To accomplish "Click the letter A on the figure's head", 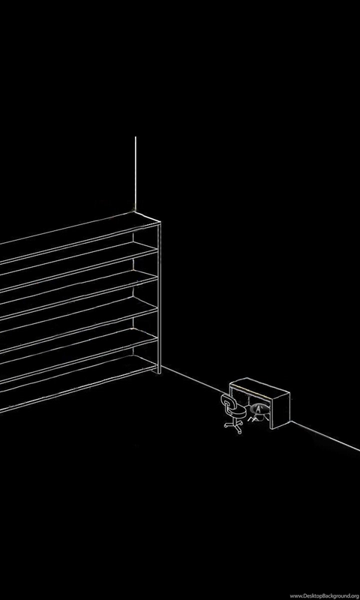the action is [258, 409].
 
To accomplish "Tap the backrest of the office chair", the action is [227, 402].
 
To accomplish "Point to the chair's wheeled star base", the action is [233, 426].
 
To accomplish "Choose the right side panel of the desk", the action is [280, 410].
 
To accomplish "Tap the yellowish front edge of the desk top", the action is [250, 391].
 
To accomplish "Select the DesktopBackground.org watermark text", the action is [325, 595].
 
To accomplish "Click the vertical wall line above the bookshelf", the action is [135, 174].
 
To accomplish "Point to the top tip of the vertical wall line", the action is [135, 136].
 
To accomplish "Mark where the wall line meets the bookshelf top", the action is [135, 211].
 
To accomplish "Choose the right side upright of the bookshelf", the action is [159, 297].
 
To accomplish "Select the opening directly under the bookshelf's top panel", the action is [76, 253].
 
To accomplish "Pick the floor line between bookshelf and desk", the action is [195, 382].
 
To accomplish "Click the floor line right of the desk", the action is [325, 436].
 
